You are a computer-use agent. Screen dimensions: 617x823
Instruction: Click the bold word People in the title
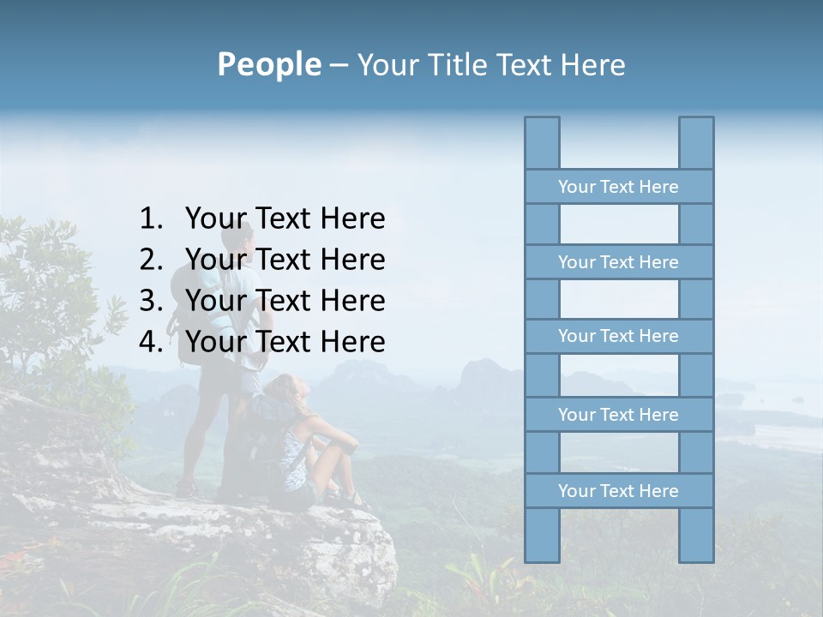pyautogui.click(x=268, y=64)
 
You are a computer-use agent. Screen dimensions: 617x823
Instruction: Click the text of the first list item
pyautogui.click(x=285, y=219)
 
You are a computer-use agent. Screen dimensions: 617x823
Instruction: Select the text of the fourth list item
pyautogui.click(x=285, y=342)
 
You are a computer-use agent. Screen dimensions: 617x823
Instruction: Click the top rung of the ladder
pyautogui.click(x=618, y=187)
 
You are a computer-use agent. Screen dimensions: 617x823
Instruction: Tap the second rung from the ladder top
pyautogui.click(x=618, y=262)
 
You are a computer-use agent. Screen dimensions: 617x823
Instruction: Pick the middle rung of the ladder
pyautogui.click(x=618, y=336)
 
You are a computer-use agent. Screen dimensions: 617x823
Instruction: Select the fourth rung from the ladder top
pyautogui.click(x=618, y=415)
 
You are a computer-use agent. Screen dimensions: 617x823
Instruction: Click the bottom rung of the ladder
pyautogui.click(x=618, y=491)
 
